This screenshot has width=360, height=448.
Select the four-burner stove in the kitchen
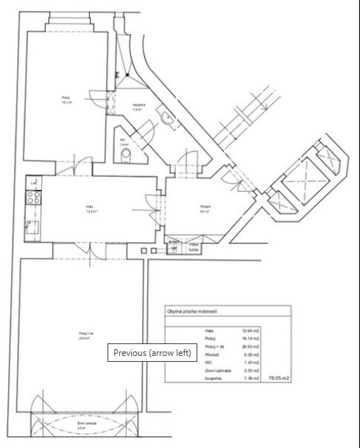(32, 197)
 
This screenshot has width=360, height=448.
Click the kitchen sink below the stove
(32, 227)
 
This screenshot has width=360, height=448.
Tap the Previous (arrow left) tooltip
(152, 352)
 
